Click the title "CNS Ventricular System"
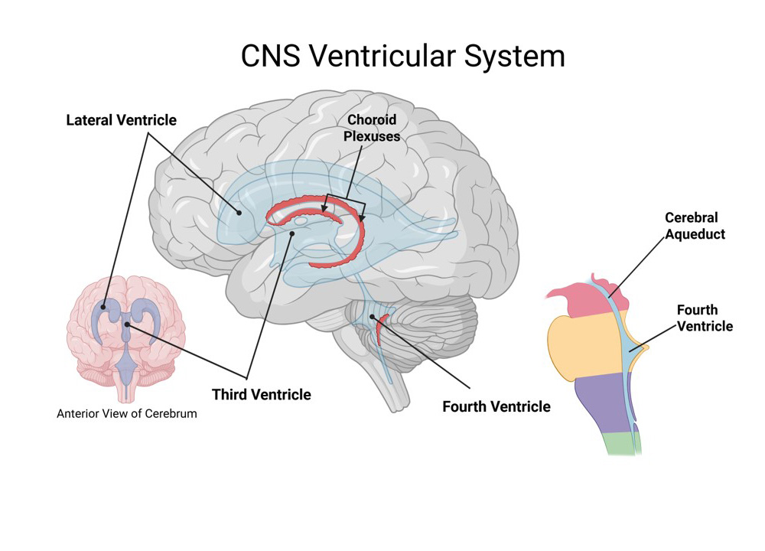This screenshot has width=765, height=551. coord(402,56)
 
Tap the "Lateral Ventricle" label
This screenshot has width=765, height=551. coord(121,120)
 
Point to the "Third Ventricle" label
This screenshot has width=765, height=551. coord(262,395)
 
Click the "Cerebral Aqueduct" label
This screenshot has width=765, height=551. coord(695,227)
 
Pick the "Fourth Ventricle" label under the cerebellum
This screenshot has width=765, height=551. coord(496,406)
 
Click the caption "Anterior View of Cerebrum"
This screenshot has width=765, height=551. coord(127,414)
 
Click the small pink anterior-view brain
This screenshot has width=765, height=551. coord(127,337)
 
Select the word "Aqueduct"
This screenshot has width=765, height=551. coord(695,235)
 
